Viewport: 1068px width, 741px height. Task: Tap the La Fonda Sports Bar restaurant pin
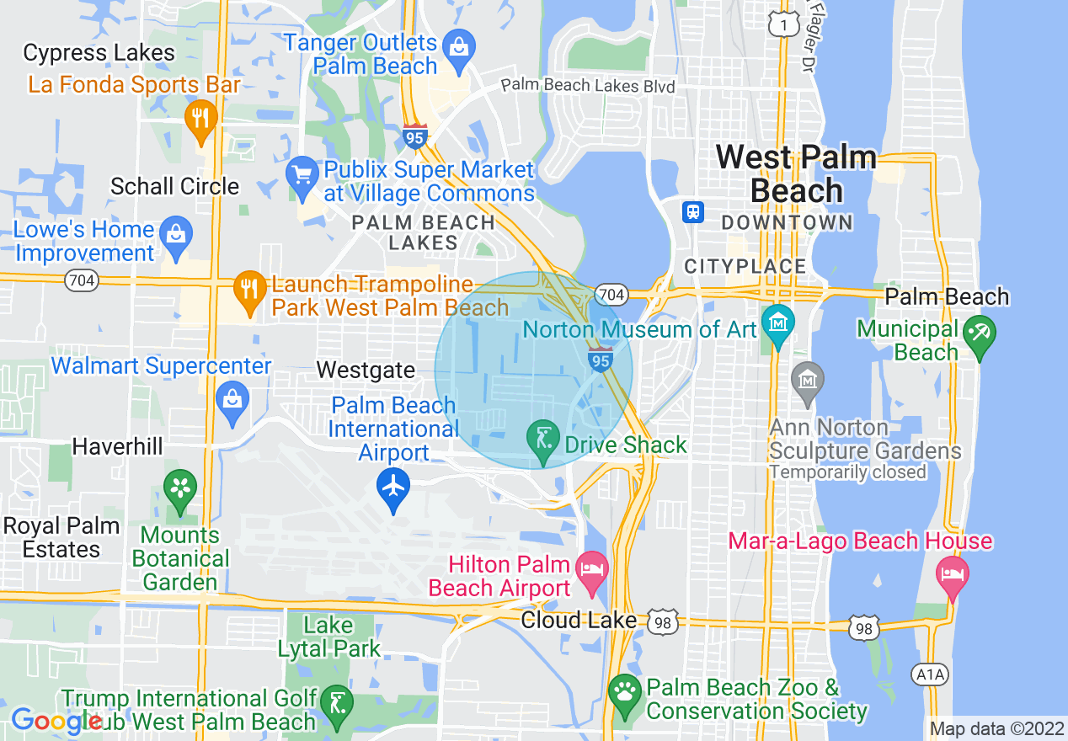pyautogui.click(x=200, y=117)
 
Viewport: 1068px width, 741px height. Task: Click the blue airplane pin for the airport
pyautogui.click(x=393, y=487)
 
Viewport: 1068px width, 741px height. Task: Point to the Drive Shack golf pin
pyautogui.click(x=543, y=439)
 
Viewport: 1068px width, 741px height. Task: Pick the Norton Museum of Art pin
pyautogui.click(x=777, y=323)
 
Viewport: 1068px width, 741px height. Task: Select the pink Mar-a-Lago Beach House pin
pyautogui.click(x=953, y=575)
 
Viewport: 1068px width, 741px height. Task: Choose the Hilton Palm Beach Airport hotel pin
pyautogui.click(x=592, y=568)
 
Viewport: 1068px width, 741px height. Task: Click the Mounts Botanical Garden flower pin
pyautogui.click(x=180, y=488)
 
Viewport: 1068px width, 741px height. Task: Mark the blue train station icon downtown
pyautogui.click(x=693, y=211)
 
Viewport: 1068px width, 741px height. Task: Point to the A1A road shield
pyautogui.click(x=929, y=674)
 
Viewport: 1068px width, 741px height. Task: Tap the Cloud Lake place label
pyautogui.click(x=579, y=621)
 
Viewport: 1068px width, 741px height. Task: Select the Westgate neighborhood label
pyautogui.click(x=366, y=370)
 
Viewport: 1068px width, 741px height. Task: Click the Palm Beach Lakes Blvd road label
pyautogui.click(x=588, y=86)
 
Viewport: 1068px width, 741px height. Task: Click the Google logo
pyautogui.click(x=56, y=721)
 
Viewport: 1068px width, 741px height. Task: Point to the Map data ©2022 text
pyautogui.click(x=995, y=728)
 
